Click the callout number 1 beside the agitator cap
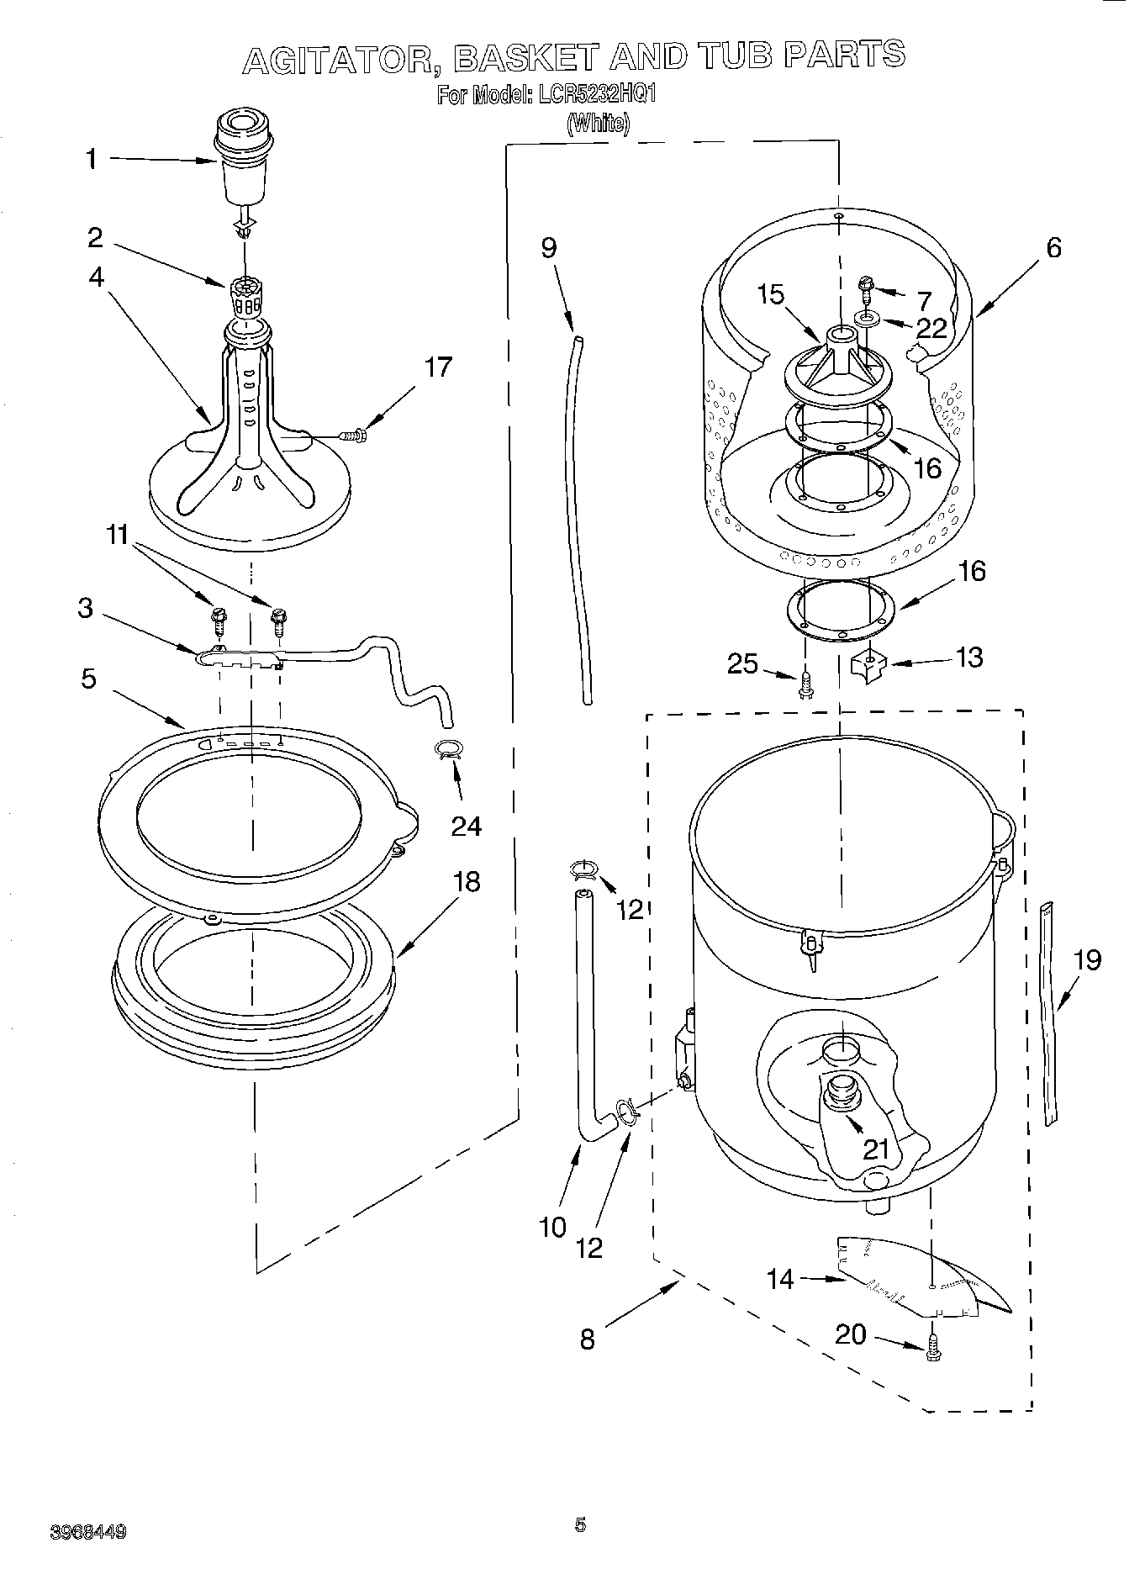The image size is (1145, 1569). point(92,159)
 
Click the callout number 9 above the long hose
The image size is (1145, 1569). point(549,249)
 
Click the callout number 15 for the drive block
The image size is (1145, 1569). point(770,294)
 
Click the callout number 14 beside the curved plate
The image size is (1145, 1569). point(779,1279)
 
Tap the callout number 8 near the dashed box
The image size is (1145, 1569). point(588,1338)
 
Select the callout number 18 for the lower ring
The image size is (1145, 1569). point(467,881)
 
